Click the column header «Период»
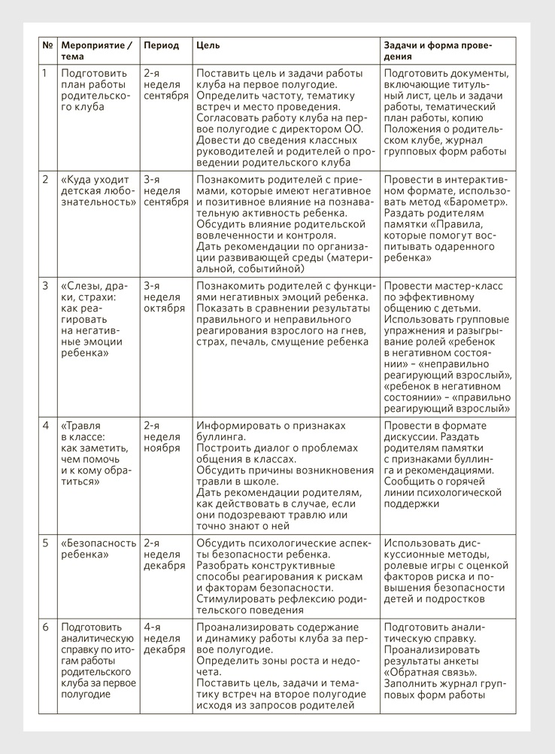pos(161,45)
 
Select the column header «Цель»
pos(208,45)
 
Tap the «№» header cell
pos(47,45)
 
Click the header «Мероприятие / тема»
pos(96,50)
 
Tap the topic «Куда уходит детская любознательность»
pos(96,191)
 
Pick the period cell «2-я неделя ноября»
pos(161,436)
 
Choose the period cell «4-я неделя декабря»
pos(164,638)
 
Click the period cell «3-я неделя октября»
pos(163,297)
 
